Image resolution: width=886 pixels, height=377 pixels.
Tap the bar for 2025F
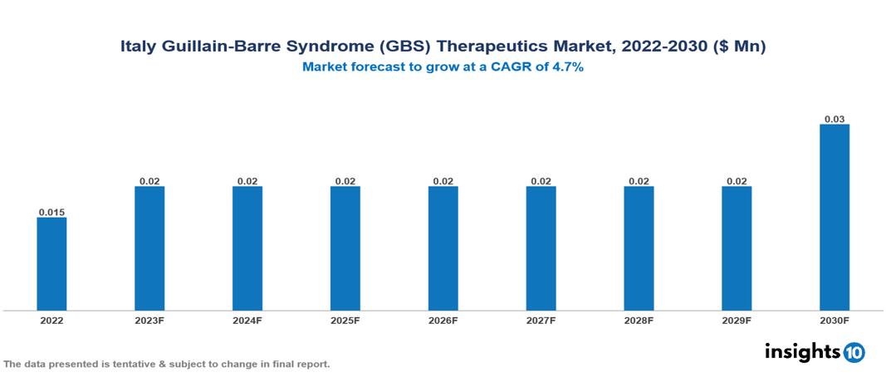click(345, 248)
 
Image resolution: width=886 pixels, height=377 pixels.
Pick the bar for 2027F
click(541, 248)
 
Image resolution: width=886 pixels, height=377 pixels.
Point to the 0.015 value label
click(51, 213)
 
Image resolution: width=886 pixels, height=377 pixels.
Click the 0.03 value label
click(835, 119)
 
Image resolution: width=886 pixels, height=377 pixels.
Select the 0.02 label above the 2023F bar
click(149, 181)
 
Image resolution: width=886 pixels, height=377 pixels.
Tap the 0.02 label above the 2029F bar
click(737, 181)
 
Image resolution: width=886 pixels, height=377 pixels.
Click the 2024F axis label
click(247, 321)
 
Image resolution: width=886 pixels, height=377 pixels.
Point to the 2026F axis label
click(443, 321)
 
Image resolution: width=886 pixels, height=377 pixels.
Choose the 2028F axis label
click(639, 321)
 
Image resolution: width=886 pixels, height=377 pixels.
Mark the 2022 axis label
click(51, 321)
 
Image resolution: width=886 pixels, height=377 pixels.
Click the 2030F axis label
click(835, 321)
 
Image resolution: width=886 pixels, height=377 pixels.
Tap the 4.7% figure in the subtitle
click(568, 67)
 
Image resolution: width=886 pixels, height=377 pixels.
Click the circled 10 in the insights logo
click(854, 352)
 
